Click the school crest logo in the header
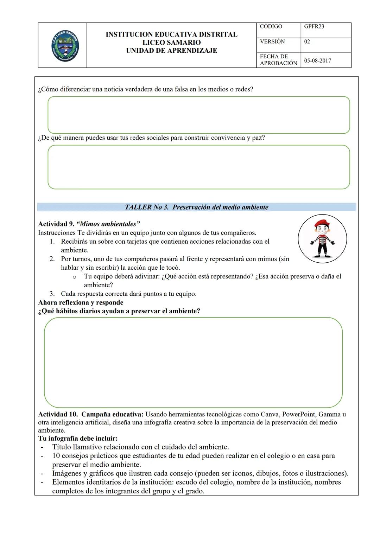click(x=64, y=45)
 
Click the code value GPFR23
click(x=314, y=27)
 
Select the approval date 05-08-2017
click(x=317, y=60)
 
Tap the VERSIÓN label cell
click(x=272, y=41)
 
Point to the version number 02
click(x=307, y=41)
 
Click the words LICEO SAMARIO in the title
click(x=171, y=43)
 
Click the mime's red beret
click(x=321, y=223)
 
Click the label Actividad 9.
click(x=56, y=224)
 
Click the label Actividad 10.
click(x=58, y=414)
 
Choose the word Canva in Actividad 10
click(x=270, y=414)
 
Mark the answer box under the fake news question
click(x=199, y=115)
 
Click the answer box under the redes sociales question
click(x=199, y=167)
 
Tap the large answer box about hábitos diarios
click(x=193, y=362)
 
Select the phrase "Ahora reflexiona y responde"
click(x=81, y=302)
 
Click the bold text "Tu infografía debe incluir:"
click(x=78, y=439)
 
